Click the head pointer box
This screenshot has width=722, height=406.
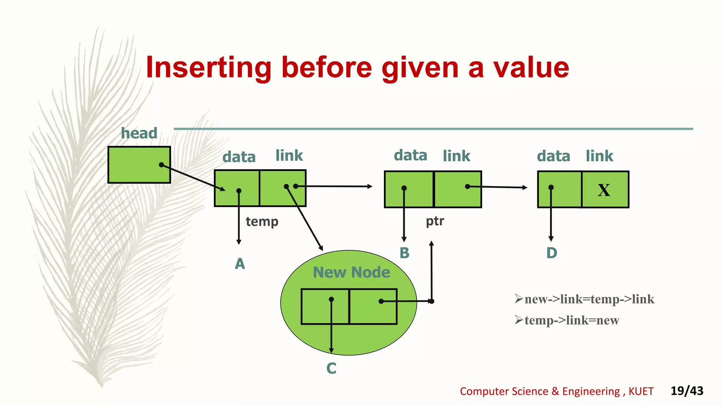139,165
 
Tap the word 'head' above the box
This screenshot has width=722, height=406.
139,133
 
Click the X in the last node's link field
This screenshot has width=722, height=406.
604,190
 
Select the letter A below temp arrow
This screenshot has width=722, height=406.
240,264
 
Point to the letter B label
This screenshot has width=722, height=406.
404,253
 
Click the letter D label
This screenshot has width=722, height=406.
552,253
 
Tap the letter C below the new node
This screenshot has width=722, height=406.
331,369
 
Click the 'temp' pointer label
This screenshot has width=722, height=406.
262,222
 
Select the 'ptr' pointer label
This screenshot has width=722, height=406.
435,221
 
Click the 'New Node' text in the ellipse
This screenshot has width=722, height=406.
351,272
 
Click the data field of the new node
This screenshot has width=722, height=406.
325,307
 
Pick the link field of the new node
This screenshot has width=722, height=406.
373,307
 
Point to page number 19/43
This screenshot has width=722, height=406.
686,391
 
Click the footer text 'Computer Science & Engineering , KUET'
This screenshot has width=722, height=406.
556,391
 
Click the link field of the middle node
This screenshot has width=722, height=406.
458,190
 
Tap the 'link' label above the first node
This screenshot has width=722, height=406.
289,156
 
